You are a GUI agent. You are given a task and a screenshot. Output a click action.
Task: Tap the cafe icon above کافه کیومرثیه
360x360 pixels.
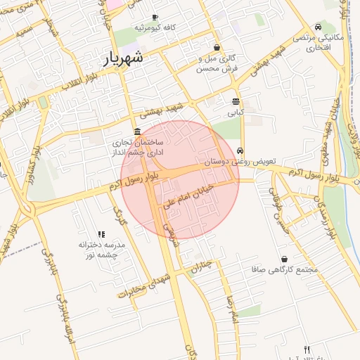pos(155,17)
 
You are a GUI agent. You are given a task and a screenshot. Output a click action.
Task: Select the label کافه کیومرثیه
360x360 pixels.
pos(155,27)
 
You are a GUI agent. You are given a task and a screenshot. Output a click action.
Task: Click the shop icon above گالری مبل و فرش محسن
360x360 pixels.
pos(217,48)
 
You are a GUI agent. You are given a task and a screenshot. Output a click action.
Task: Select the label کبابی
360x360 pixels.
pos(235,112)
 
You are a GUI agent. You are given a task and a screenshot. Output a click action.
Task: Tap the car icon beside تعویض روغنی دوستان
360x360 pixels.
pos(240,150)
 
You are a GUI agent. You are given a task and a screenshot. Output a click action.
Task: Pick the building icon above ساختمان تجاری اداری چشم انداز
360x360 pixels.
pos(136,132)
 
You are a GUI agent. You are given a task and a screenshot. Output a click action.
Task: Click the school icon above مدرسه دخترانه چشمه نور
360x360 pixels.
pos(101,234)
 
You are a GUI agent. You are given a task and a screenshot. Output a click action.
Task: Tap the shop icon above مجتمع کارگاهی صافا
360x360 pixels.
pos(284,259)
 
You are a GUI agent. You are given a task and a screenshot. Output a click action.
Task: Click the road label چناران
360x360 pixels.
pos(200,267)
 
